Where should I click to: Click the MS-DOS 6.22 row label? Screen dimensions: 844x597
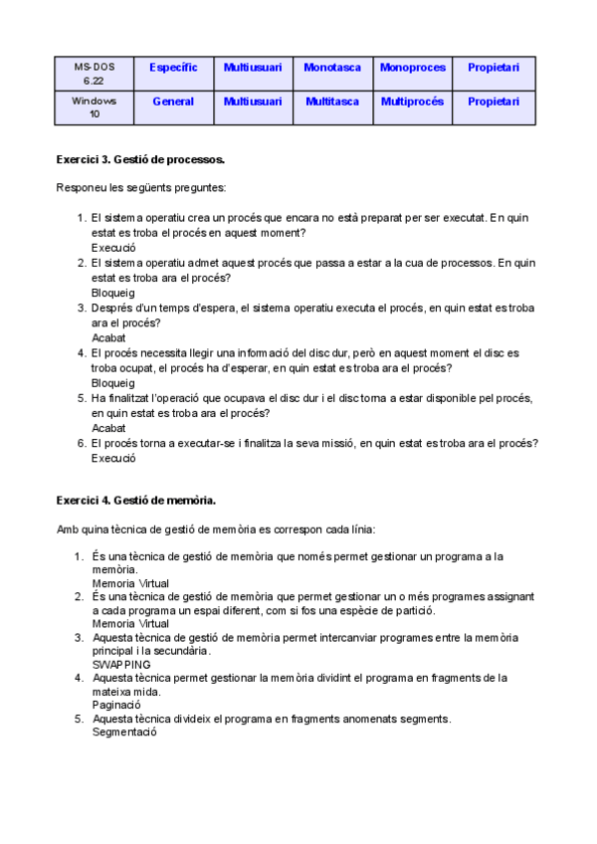(x=95, y=74)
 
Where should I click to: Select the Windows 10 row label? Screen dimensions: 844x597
(x=95, y=107)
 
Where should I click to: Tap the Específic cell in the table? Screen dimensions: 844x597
(x=173, y=68)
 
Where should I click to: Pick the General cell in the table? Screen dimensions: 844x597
(x=173, y=102)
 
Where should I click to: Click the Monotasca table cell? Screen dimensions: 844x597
(x=332, y=68)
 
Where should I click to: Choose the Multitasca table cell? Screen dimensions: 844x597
(x=332, y=102)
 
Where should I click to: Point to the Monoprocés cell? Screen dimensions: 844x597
(x=412, y=68)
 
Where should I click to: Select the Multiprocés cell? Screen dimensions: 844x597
(x=412, y=102)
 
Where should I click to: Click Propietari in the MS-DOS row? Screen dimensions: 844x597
(x=494, y=68)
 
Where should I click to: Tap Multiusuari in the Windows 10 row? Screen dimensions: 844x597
(x=253, y=102)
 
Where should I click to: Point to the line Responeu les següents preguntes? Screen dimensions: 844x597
(x=141, y=187)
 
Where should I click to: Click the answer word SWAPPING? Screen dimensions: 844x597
(x=121, y=664)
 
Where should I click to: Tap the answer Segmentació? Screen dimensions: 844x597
(x=124, y=732)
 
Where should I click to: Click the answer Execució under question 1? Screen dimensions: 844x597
(x=112, y=248)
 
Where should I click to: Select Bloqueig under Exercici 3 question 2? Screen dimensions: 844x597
(x=112, y=294)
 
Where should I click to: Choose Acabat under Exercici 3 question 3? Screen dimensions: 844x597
(x=108, y=338)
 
